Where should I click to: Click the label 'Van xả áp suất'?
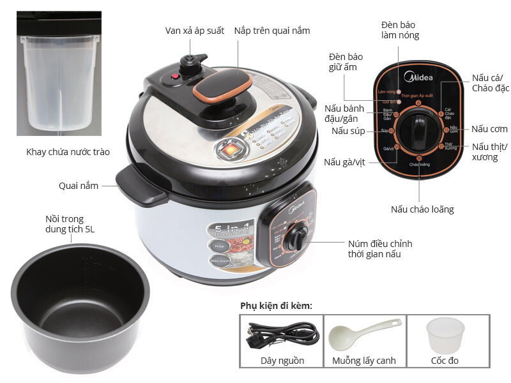coord(195,31)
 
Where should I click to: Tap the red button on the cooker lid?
coord(173,78)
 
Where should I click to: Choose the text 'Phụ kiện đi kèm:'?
coord(277,306)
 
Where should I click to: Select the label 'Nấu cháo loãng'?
coord(422,209)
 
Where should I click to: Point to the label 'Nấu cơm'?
coord(490,129)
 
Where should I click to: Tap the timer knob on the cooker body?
coord(296,237)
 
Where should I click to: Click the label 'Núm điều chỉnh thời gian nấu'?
coord(380,249)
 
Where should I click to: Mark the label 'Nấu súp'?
coord(347,131)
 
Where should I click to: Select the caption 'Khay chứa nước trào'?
coord(68,152)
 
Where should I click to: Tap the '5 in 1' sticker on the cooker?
coord(227,230)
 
